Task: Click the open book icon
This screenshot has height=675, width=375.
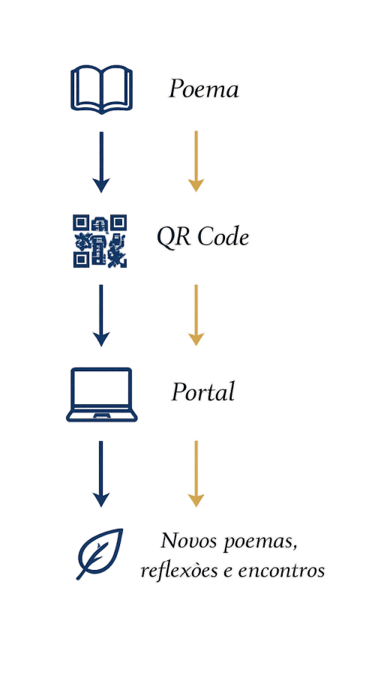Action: point(101,89)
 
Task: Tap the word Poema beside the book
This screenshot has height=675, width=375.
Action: point(204,89)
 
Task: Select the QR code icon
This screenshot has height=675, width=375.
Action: point(100,241)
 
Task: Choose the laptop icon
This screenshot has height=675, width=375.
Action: point(101,394)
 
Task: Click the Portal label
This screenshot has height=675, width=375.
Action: point(203,392)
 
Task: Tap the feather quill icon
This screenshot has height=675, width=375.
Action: point(100,553)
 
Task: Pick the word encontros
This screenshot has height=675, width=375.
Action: point(281,571)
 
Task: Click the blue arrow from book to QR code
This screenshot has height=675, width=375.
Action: point(101,162)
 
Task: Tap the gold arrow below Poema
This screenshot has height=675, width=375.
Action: point(196,161)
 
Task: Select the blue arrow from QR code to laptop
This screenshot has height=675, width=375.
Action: point(101,316)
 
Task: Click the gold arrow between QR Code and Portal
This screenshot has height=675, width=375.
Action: point(196,315)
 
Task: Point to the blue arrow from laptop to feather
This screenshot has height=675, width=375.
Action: point(101,474)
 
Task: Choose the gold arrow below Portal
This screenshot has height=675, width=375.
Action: point(196,473)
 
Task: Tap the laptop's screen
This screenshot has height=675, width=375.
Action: point(101,387)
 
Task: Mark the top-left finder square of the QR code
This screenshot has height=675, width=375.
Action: point(80,223)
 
